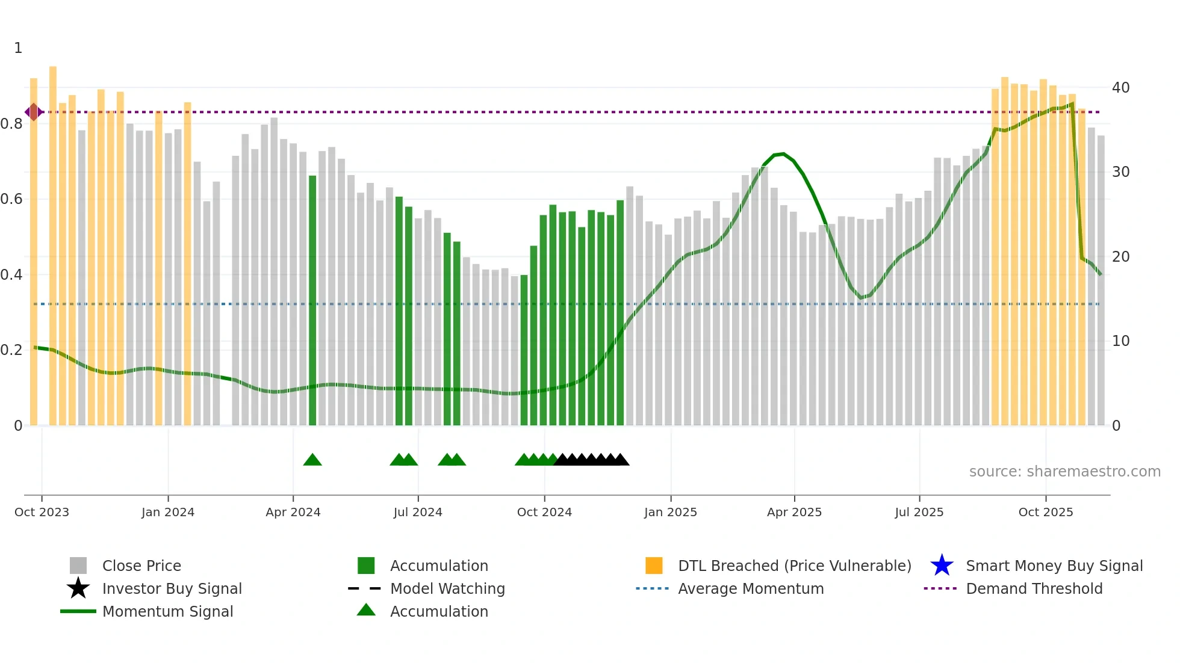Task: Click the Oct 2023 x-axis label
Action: coord(42,512)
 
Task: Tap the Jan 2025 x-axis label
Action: coord(670,512)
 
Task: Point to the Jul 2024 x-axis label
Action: coord(418,512)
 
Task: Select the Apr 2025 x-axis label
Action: coord(794,512)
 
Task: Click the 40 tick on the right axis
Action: coord(1120,88)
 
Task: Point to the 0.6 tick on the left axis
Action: coord(11,199)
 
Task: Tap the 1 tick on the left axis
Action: coord(18,48)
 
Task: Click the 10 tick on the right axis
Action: coord(1120,341)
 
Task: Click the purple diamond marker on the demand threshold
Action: coord(34,112)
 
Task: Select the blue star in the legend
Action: coord(942,566)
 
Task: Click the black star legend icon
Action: coord(78,588)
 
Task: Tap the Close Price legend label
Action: coord(141,566)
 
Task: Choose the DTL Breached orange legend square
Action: coord(654,566)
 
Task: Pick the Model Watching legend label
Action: coord(447,588)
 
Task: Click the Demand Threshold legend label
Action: coord(1034,588)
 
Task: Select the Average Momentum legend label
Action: coord(751,588)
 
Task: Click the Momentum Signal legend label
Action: coord(167,611)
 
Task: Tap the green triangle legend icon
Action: coord(366,611)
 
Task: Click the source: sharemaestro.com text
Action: coord(1064,472)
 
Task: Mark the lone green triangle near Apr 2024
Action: coord(312,460)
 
